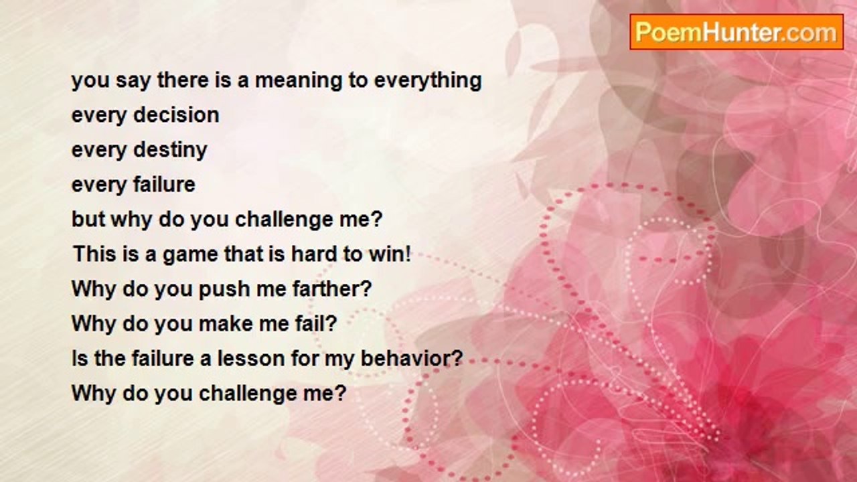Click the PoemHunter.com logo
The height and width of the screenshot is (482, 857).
[x=736, y=32]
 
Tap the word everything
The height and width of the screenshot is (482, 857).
[x=428, y=82]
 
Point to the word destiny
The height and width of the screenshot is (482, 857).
[x=170, y=151]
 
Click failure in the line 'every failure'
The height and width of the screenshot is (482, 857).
[x=164, y=184]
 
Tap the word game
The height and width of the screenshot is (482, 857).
[x=191, y=255]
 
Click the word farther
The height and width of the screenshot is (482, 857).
[x=332, y=289]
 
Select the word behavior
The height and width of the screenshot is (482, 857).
[x=412, y=358]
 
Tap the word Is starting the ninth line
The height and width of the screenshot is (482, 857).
[x=80, y=358]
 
